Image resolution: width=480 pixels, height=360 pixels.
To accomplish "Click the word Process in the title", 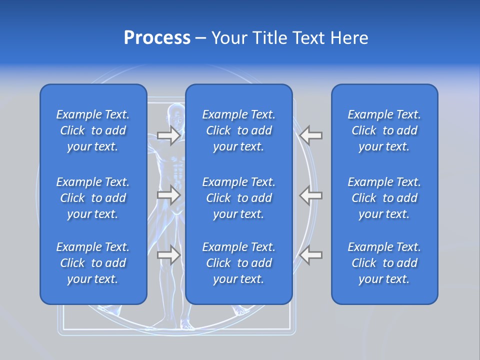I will [157, 38].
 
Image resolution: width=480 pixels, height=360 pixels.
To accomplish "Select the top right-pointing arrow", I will [168, 135].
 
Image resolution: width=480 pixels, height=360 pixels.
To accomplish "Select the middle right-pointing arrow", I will [168, 195].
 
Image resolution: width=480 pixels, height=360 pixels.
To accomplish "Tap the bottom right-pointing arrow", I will [168, 255].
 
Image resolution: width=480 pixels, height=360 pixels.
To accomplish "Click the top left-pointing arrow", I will [311, 135].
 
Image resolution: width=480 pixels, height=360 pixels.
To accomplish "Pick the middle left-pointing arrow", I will [311, 195].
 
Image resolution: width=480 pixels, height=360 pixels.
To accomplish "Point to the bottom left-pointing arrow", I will [311, 255].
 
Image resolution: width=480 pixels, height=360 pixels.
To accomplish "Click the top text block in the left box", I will [93, 130].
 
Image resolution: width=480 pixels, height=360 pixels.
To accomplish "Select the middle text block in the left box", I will [93, 198].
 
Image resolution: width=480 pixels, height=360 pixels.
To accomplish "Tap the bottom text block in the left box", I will [93, 263].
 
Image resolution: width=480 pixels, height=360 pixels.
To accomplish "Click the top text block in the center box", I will [239, 130].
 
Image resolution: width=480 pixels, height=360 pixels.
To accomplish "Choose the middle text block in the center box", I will [239, 198].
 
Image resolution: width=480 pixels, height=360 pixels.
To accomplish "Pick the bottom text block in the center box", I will [239, 263].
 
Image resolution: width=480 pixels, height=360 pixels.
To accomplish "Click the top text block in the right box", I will [384, 130].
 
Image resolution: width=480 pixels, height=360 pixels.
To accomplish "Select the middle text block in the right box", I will [384, 198].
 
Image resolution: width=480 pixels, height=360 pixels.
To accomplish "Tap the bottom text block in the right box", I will [384, 263].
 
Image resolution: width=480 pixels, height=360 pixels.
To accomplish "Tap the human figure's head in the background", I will [175, 112].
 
